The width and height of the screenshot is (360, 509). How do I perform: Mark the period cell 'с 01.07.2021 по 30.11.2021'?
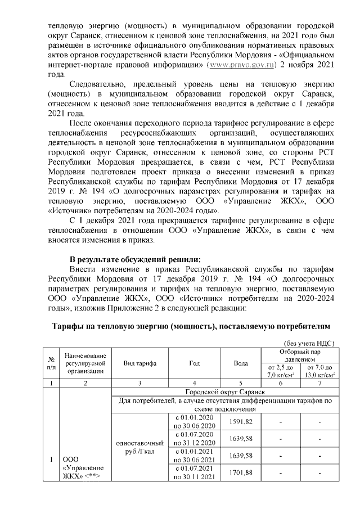click(195, 472)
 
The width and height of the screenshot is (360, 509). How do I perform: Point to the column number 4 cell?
click(195, 383)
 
